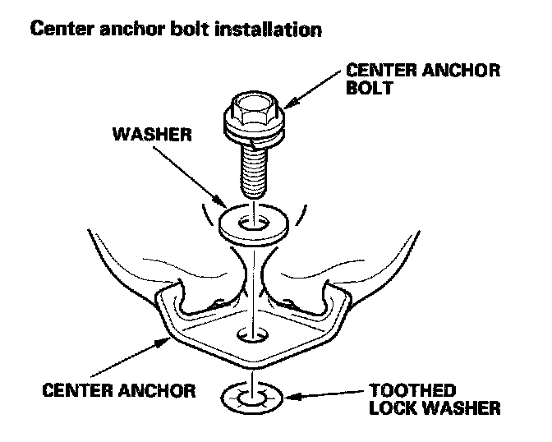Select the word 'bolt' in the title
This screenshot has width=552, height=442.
pyautogui.click(x=194, y=31)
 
